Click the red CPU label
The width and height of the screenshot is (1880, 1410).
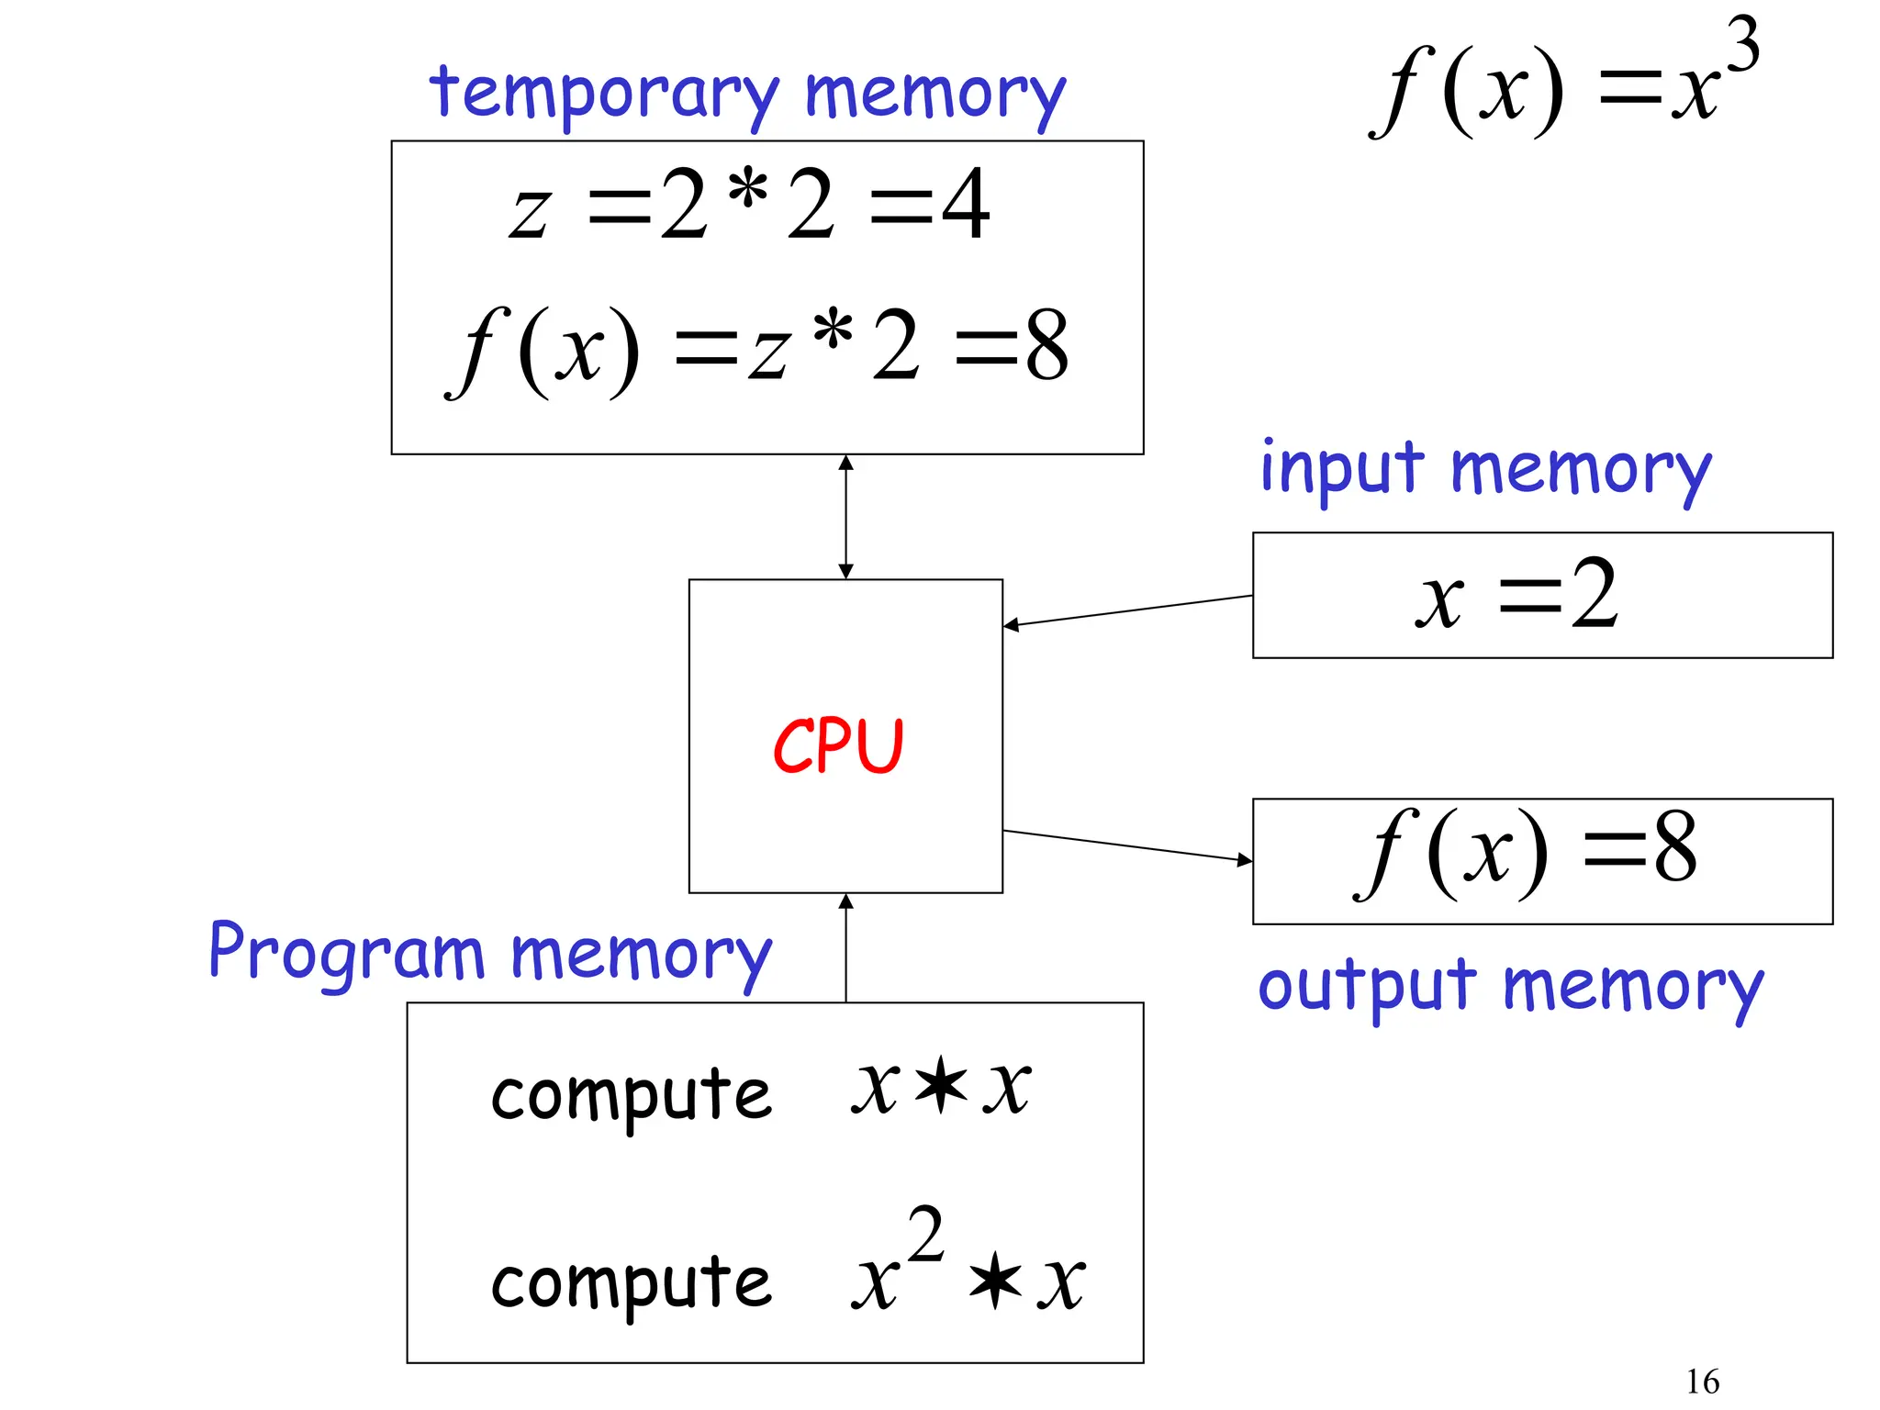(x=838, y=745)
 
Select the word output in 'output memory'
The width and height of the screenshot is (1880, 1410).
(x=1367, y=988)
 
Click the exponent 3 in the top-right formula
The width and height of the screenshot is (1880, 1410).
(x=1741, y=46)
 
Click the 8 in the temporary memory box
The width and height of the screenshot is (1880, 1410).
(x=1047, y=347)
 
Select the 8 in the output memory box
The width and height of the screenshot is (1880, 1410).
(x=1674, y=848)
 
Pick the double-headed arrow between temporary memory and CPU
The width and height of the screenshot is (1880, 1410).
(x=845, y=517)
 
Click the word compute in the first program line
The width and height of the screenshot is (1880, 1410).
(x=631, y=1094)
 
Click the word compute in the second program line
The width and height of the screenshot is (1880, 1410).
(x=631, y=1282)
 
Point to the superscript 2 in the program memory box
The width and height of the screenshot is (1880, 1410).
(x=925, y=1235)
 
